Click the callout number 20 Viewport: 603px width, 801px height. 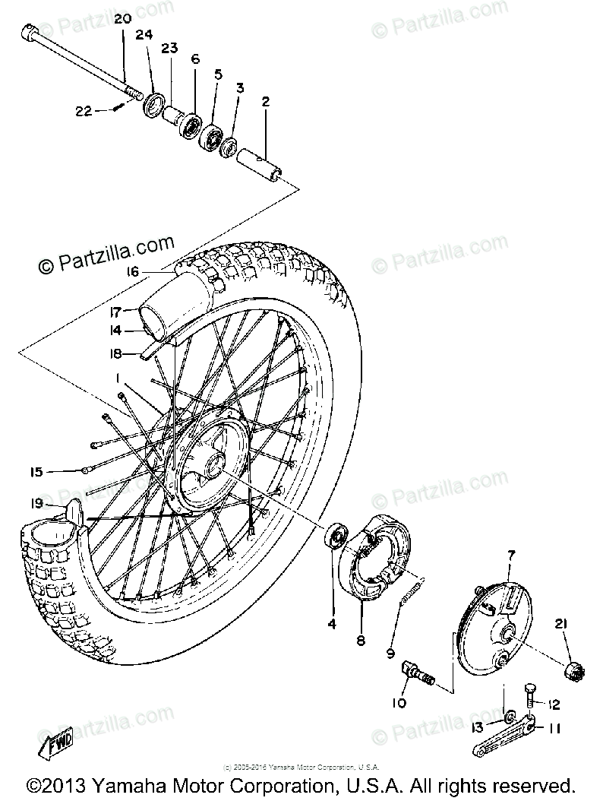tap(123, 18)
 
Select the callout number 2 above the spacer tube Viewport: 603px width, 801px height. tap(266, 101)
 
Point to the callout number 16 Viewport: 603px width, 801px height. tap(134, 271)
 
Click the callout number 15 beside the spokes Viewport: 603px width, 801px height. tap(36, 472)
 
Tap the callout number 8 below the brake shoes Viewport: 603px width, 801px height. tap(361, 641)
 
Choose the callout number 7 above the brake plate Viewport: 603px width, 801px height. tap(510, 556)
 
